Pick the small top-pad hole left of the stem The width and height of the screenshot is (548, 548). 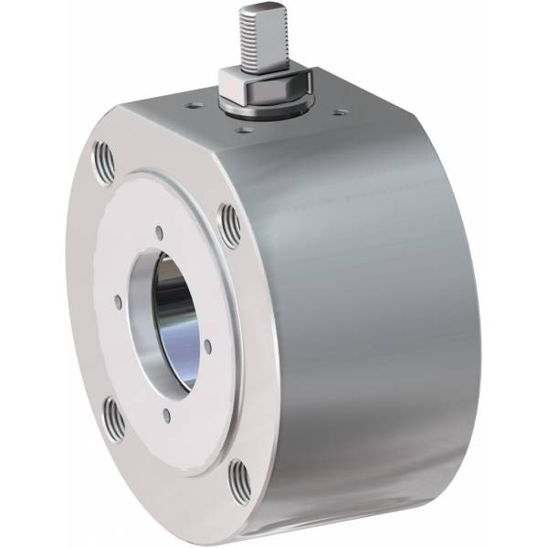(194, 106)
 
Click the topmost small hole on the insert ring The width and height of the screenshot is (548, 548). (160, 233)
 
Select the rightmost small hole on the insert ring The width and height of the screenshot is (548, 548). (207, 344)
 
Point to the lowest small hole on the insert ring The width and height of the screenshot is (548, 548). (167, 416)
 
